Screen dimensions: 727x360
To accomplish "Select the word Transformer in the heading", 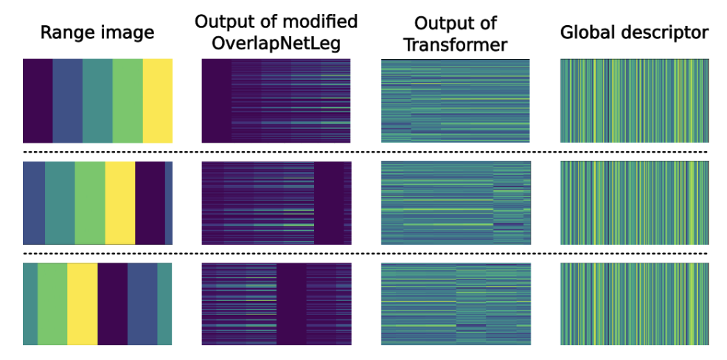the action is (x=456, y=44).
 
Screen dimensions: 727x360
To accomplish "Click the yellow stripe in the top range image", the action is (x=158, y=100).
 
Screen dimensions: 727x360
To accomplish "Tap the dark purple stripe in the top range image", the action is (x=38, y=100).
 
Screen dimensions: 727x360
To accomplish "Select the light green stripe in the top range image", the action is (x=128, y=100).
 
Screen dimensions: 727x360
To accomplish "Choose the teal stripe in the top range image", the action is (x=97, y=100).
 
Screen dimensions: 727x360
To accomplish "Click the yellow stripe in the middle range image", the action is (x=120, y=203).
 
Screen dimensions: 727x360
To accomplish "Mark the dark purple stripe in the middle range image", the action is (x=150, y=203).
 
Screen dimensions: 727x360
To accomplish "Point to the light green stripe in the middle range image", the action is (x=90, y=203).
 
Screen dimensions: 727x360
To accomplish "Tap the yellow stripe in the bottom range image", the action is (x=83, y=304).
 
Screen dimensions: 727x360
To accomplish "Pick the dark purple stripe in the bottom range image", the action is (x=113, y=304).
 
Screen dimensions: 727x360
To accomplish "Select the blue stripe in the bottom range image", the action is (x=142, y=304).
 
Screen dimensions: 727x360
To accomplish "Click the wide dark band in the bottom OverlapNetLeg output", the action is (x=292, y=304).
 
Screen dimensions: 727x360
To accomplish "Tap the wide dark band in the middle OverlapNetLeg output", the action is (x=329, y=203).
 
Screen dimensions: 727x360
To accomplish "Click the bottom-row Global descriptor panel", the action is (x=634, y=304).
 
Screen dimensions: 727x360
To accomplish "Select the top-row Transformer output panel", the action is (x=456, y=100).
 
